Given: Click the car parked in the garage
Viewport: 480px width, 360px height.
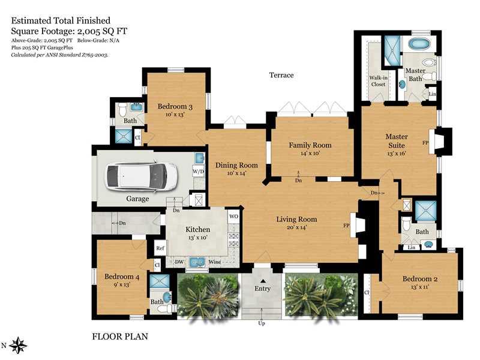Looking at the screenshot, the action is [x=141, y=177].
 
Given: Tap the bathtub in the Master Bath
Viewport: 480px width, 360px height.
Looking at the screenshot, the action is [x=419, y=44].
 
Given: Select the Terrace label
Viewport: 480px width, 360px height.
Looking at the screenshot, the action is [x=281, y=75].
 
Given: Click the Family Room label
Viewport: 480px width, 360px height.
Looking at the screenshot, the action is [x=310, y=145].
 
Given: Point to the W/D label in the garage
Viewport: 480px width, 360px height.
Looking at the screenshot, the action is [x=198, y=172].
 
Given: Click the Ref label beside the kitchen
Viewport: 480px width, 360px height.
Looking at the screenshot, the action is [x=160, y=248].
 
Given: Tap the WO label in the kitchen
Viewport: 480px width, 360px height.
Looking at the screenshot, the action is [x=233, y=217].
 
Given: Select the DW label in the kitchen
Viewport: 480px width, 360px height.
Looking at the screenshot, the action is [x=179, y=262].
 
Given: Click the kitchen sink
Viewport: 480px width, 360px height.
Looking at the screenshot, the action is [x=197, y=262].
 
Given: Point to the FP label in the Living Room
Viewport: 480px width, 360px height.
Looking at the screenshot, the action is [x=346, y=226].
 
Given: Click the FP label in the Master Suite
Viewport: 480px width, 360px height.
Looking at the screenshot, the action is [x=425, y=143].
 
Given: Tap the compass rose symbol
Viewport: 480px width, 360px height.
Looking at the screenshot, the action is [x=18, y=346].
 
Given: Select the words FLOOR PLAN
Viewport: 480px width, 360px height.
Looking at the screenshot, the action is [x=120, y=337].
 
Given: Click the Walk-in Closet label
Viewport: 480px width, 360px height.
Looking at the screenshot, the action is [x=379, y=81].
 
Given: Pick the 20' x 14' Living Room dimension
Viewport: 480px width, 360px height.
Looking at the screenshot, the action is [x=296, y=227].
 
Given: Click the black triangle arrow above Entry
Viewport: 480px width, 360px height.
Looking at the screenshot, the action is [x=263, y=281].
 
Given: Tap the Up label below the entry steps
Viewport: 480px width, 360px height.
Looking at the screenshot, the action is [x=262, y=323].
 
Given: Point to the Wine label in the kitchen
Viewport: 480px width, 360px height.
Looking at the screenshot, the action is [x=215, y=262].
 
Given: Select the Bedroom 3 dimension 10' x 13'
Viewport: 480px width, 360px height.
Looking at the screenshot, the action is [x=175, y=115].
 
